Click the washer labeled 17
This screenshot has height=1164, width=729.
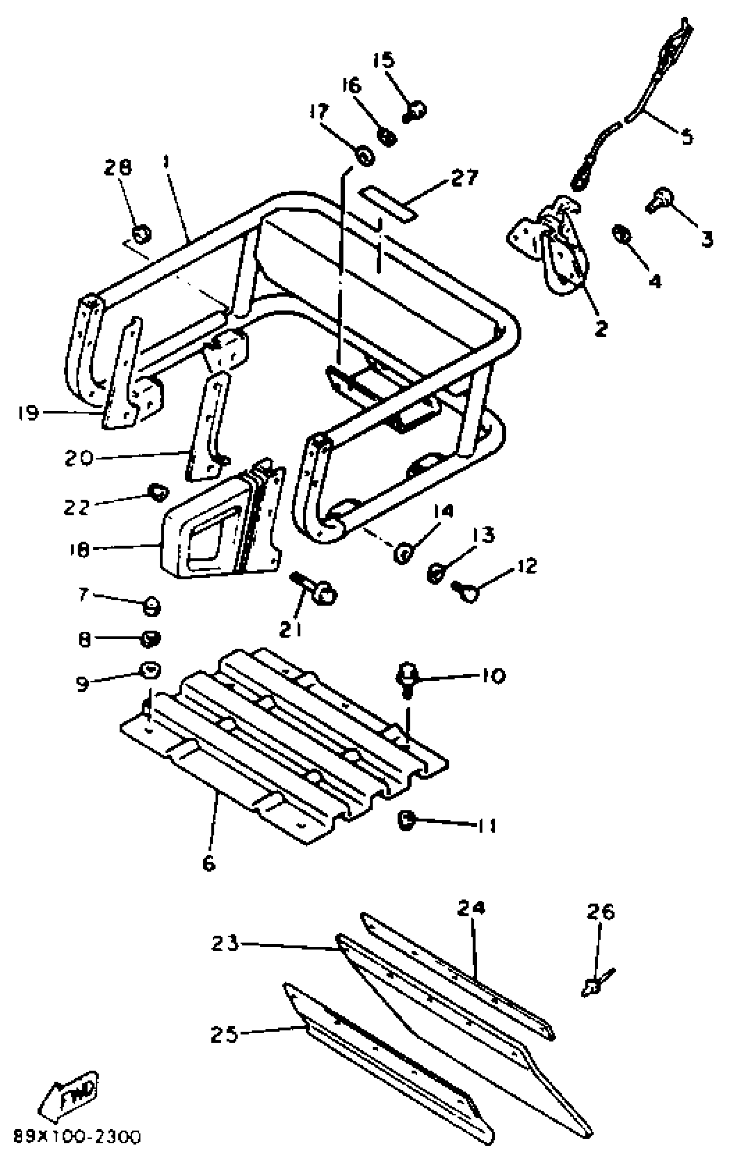tap(365, 155)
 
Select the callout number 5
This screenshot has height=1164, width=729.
tap(687, 136)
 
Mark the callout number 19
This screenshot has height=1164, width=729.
tap(28, 412)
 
